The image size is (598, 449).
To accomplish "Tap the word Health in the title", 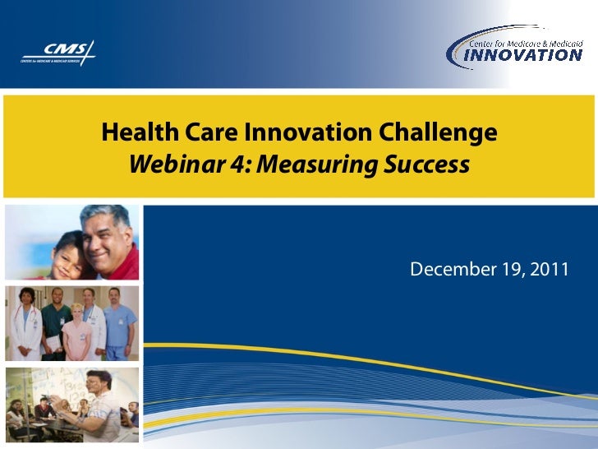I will [130, 132].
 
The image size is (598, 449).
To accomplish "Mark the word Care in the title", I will [196, 132].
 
